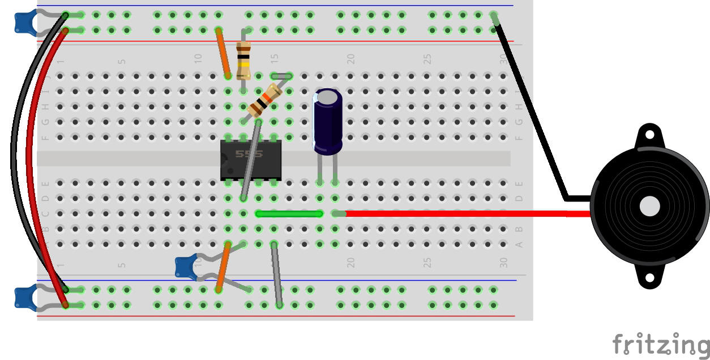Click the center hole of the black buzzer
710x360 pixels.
pyautogui.click(x=649, y=207)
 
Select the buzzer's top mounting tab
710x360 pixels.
pyautogui.click(x=649, y=136)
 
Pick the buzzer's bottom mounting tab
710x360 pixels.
pyautogui.click(x=649, y=278)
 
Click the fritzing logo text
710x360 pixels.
pyautogui.click(x=660, y=344)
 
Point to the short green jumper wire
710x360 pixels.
pyautogui.click(x=289, y=213)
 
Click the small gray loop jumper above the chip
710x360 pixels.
pyautogui.click(x=281, y=75)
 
